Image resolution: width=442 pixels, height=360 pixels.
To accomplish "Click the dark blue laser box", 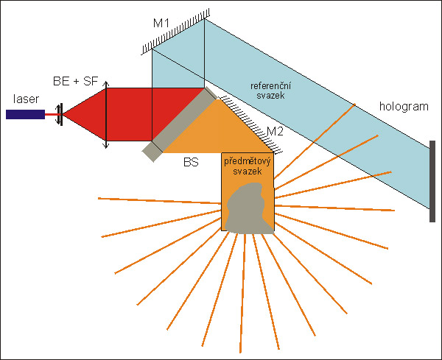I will (24, 113).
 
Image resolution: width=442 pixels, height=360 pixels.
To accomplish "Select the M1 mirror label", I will (161, 24).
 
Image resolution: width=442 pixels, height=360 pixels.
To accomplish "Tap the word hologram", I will (404, 106).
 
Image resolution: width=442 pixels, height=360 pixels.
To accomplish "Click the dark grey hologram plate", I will (432, 180).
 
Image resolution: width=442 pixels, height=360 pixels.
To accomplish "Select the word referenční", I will (269, 85).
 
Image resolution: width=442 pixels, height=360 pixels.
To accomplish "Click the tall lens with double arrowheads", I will (107, 116).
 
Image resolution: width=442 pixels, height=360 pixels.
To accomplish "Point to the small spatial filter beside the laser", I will (60, 113).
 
